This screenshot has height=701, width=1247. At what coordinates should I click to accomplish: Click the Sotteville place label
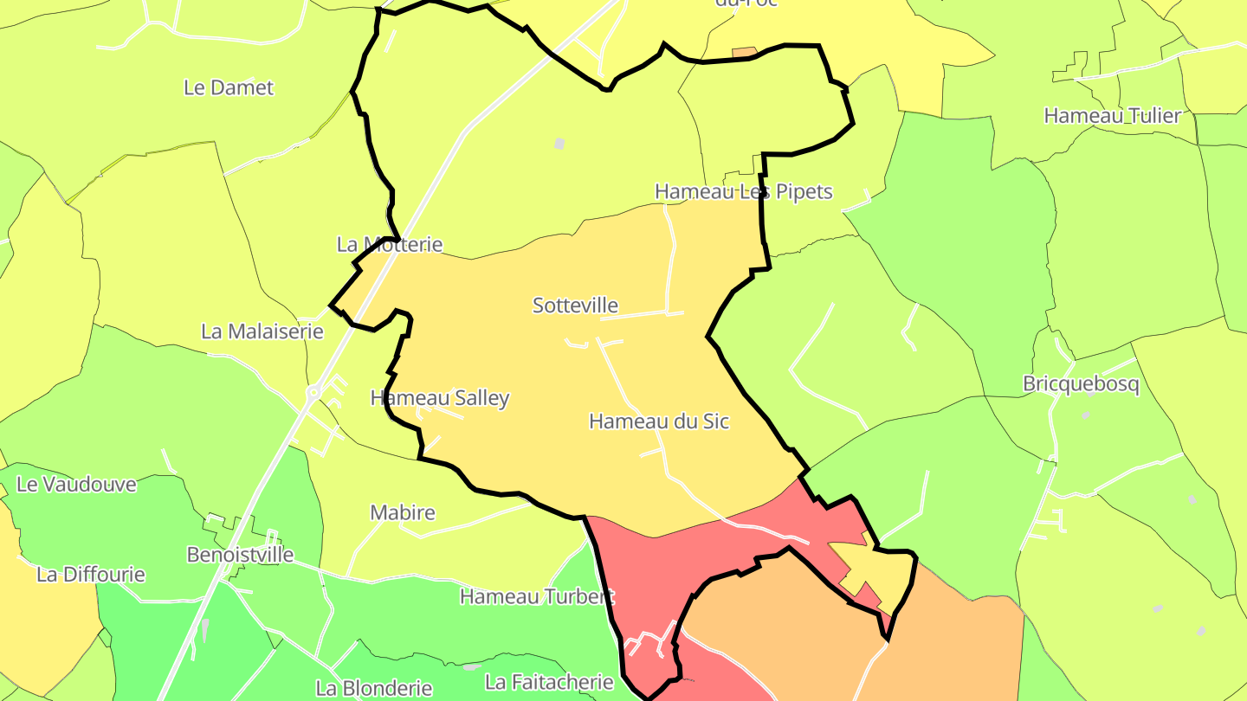pyautogui.click(x=575, y=305)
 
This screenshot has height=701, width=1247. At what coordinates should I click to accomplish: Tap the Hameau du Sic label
pyautogui.click(x=658, y=421)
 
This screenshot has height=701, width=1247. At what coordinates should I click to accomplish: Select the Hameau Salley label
pyautogui.click(x=440, y=398)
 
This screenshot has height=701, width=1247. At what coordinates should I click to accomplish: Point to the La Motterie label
pyautogui.click(x=390, y=245)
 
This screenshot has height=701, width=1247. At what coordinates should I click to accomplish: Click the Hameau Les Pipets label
pyautogui.click(x=743, y=191)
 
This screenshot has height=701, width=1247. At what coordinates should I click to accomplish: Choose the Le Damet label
pyautogui.click(x=229, y=87)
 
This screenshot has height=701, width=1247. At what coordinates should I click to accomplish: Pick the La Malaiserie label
pyautogui.click(x=262, y=331)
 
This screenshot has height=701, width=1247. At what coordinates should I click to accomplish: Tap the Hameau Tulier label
pyautogui.click(x=1112, y=116)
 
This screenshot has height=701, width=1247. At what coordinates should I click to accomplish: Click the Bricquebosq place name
pyautogui.click(x=1081, y=384)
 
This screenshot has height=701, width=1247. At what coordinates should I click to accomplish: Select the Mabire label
pyautogui.click(x=403, y=512)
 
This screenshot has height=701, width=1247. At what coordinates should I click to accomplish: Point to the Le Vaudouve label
pyautogui.click(x=76, y=485)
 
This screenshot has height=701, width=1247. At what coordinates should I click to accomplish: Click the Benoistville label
pyautogui.click(x=241, y=555)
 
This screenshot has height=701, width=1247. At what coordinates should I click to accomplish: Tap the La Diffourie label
pyautogui.click(x=91, y=575)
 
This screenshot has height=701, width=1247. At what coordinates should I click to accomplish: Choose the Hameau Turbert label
pyautogui.click(x=537, y=596)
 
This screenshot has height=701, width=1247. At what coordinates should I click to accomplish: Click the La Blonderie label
pyautogui.click(x=374, y=689)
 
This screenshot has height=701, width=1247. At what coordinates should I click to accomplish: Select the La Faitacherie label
pyautogui.click(x=550, y=682)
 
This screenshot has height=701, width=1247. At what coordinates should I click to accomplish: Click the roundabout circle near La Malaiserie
pyautogui.click(x=313, y=392)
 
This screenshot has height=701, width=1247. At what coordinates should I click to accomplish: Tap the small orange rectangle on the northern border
pyautogui.click(x=744, y=53)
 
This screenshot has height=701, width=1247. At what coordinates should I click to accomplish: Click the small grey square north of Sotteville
pyautogui.click(x=559, y=143)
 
